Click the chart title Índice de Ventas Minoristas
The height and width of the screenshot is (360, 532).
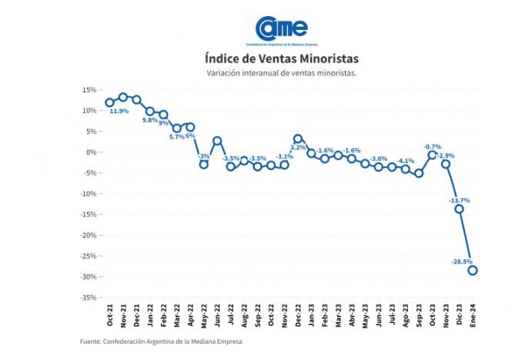pyautogui.click(x=281, y=58)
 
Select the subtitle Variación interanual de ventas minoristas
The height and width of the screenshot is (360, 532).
pyautogui.click(x=281, y=73)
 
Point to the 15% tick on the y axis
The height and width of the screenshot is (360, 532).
pyautogui.click(x=87, y=90)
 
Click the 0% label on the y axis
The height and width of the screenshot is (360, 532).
pyautogui.click(x=89, y=152)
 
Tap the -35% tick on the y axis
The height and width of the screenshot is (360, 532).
pyautogui.click(x=85, y=297)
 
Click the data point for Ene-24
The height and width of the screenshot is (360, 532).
pyautogui.click(x=472, y=270)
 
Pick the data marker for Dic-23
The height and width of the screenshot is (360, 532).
pyautogui.click(x=459, y=208)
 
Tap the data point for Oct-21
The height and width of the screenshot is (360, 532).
pyautogui.click(x=109, y=102)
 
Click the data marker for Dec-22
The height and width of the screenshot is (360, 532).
pyautogui.click(x=298, y=138)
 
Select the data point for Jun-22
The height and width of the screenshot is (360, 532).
pyautogui.click(x=218, y=141)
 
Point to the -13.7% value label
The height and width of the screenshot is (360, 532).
pyautogui.click(x=459, y=200)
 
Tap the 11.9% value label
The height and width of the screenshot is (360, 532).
pyautogui.click(x=119, y=112)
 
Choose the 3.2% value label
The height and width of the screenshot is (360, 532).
pyautogui.click(x=298, y=147)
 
